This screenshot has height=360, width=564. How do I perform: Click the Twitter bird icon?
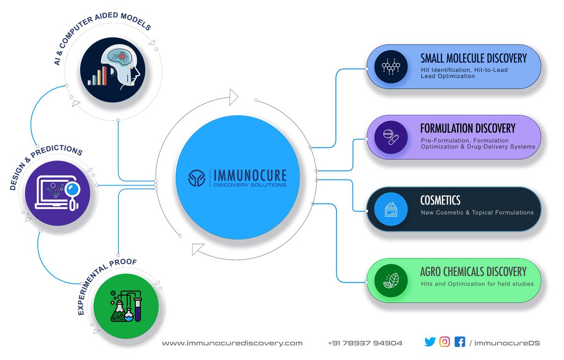430,342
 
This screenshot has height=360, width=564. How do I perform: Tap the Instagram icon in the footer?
445,342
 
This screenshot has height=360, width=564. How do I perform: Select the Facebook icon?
460,342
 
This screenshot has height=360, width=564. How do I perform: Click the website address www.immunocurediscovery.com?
232,343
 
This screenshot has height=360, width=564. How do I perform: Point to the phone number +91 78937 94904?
365,343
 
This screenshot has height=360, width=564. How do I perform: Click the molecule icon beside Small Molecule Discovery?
390,66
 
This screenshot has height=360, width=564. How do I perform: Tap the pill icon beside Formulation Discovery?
390,138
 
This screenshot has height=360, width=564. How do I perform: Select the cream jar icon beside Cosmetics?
390,209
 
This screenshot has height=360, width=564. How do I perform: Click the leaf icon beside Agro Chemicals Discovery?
390,281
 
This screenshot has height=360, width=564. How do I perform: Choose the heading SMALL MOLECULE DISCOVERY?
473,58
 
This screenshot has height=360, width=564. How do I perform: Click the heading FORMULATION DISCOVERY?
468,128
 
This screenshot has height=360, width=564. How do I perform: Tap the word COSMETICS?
440,200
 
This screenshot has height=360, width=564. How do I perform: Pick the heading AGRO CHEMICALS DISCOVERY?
473,272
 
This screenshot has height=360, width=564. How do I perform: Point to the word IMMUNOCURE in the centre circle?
250,175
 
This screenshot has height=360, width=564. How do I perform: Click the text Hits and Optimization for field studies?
477,284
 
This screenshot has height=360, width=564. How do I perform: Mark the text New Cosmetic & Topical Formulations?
477,212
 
